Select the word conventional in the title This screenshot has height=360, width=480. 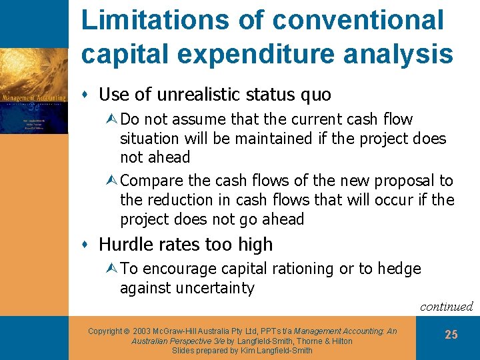coord(358,20)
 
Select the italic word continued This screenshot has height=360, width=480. coord(446,307)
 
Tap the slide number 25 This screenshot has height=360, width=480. coord(451,335)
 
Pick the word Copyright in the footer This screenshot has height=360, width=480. coord(105,331)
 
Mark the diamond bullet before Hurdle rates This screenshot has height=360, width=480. coord(89,245)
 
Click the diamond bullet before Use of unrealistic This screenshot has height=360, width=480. coord(89,95)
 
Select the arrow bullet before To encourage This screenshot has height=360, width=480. coord(112,269)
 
